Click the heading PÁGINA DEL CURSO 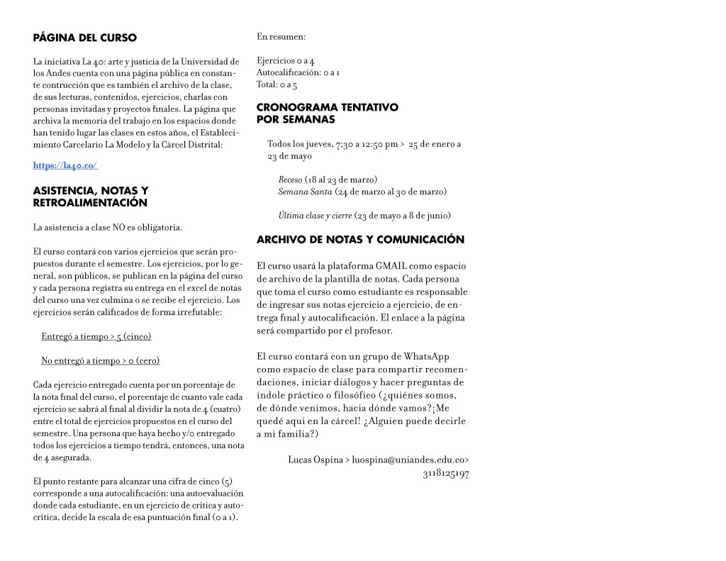[x=85, y=38]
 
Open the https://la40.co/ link [x=65, y=165]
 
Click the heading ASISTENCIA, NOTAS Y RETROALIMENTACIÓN [x=91, y=196]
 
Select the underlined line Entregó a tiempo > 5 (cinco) [x=96, y=336]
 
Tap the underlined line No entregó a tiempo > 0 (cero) [x=100, y=361]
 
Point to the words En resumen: [x=281, y=37]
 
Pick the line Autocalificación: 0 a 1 [x=298, y=73]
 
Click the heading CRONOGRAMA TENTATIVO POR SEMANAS [x=327, y=113]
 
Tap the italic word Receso [x=290, y=179]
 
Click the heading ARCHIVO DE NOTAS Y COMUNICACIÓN [x=360, y=240]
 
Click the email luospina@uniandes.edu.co [x=411, y=460]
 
